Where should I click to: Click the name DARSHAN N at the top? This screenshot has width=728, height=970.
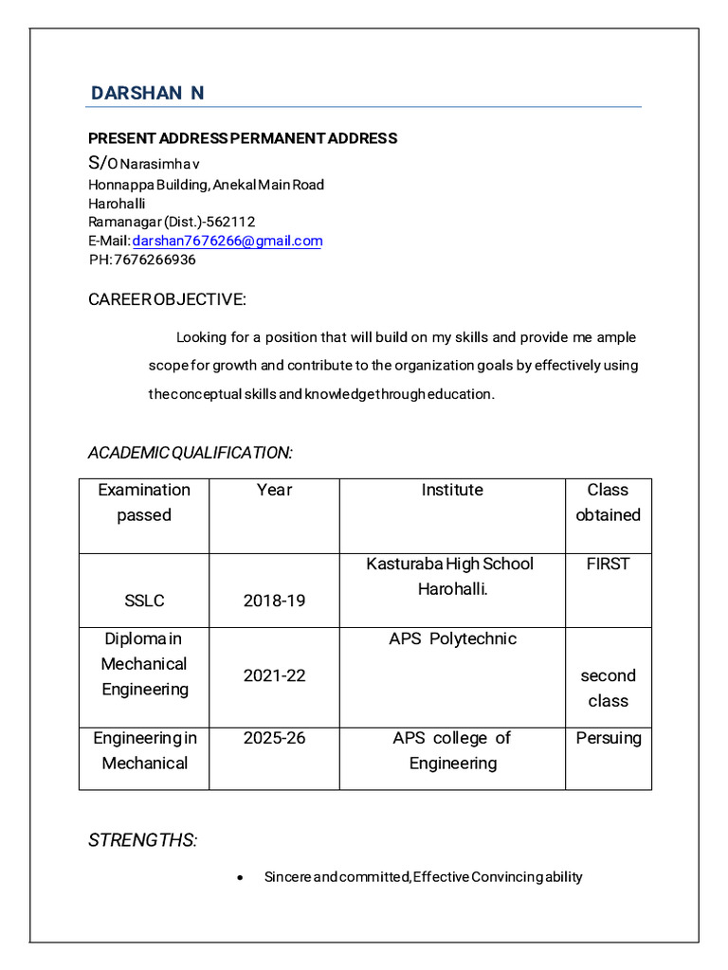(147, 93)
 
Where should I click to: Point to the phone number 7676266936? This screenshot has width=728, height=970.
(155, 260)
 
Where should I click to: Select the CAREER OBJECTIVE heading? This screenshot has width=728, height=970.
(167, 299)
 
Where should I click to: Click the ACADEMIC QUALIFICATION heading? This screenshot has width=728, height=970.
(190, 453)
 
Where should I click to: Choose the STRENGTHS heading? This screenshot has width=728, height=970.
(142, 841)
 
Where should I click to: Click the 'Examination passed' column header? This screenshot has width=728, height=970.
(144, 502)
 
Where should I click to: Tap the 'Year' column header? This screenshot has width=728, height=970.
(274, 490)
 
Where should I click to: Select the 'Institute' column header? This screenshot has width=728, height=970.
(452, 490)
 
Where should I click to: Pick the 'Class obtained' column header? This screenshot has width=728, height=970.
(608, 502)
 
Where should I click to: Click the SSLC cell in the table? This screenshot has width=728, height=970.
(144, 601)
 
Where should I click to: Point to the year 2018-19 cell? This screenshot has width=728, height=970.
(274, 601)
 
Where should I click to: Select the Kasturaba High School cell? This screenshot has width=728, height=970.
(450, 576)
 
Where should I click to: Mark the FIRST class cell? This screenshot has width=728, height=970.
(608, 564)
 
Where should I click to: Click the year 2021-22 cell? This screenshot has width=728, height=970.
(274, 675)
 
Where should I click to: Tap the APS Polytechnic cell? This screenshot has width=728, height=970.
(452, 638)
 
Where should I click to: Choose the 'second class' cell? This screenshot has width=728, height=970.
(608, 688)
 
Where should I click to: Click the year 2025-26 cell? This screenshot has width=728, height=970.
(274, 737)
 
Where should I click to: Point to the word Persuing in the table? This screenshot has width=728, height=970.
(608, 737)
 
